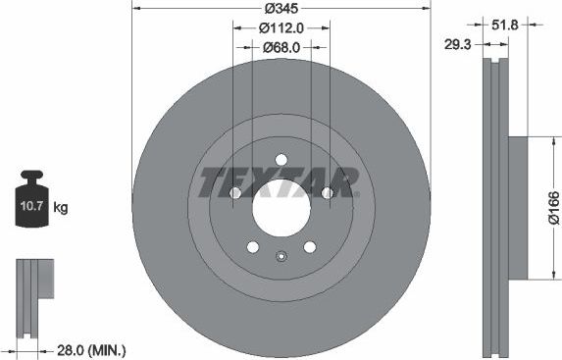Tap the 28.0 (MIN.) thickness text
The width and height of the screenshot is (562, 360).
pos(92,349)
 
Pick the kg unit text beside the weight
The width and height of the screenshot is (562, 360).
pos(61,207)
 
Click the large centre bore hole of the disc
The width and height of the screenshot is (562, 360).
pos(281,207)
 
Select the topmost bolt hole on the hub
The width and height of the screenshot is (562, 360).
pos(281,160)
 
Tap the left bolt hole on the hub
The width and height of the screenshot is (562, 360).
pos(235,193)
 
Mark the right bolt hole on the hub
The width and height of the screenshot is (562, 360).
pos(328,193)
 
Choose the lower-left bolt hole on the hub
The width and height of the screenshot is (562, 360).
pos(253,246)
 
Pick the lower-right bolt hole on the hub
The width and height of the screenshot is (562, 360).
pos(310,246)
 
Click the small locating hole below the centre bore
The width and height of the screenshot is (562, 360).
pos(281,258)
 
